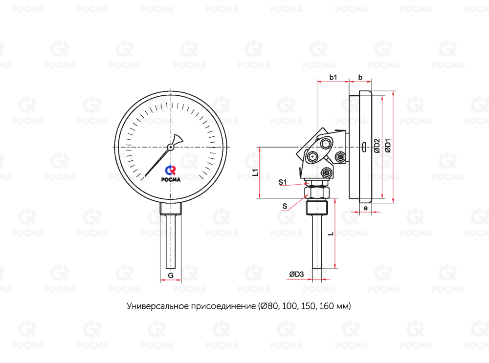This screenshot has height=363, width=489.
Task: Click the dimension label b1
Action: coord(333,77)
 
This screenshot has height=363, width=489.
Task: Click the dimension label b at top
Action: coord(360,77)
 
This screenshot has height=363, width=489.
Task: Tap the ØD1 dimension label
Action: coord(388,146)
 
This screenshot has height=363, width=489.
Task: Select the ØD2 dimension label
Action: coord(377,146)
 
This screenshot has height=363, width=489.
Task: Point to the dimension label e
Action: coord(366,208)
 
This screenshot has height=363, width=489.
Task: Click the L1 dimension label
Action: coord(255,172)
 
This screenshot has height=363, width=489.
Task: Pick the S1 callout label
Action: coord(283,182)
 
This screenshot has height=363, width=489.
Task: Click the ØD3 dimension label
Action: coord(296,274)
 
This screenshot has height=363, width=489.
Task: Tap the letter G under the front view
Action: coord(171,276)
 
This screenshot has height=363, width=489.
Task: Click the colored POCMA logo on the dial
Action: coord(171,173)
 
